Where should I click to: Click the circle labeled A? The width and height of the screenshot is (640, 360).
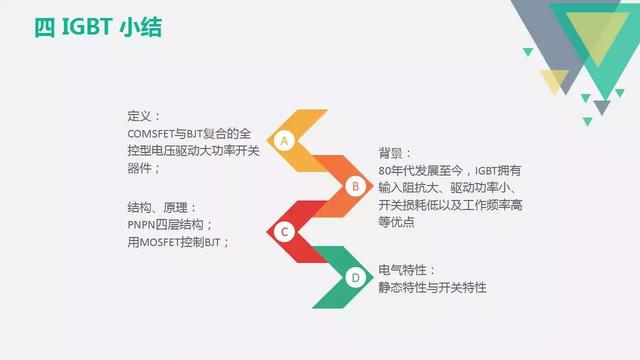(284, 140)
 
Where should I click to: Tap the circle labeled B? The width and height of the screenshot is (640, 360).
(353, 186)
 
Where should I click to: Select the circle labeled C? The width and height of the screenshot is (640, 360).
(284, 232)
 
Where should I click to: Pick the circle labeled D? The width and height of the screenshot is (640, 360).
(354, 278)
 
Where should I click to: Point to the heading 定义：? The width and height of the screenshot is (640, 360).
(143, 116)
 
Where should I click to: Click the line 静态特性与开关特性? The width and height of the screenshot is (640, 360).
(432, 288)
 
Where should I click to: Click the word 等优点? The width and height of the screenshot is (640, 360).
(396, 223)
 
